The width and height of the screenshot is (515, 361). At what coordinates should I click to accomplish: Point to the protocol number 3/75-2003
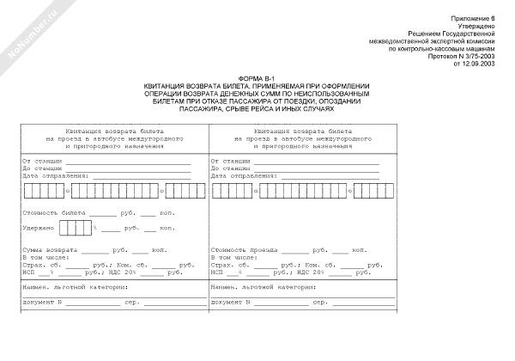click(477, 57)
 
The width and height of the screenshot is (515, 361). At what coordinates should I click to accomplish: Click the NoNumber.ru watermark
click(29, 29)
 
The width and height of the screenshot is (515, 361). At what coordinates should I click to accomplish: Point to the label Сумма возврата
click(50, 249)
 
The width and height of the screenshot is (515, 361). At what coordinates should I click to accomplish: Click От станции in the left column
click(39, 161)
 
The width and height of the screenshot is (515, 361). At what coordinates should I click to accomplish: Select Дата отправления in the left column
click(52, 174)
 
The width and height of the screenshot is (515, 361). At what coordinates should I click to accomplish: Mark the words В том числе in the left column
click(44, 257)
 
